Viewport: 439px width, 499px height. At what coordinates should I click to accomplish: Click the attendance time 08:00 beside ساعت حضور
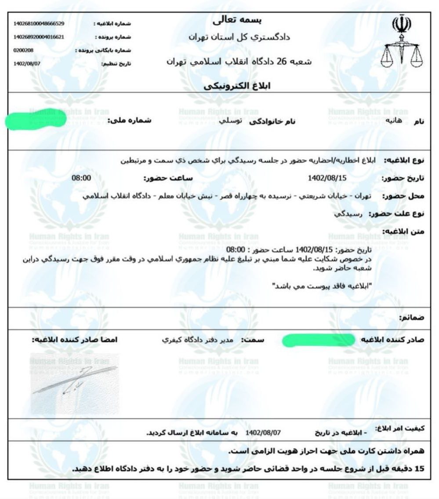[x=81, y=178]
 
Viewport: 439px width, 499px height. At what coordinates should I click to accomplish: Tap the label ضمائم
[x=411, y=317]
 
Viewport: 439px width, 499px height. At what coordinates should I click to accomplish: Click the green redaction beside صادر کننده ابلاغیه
[x=319, y=340]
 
